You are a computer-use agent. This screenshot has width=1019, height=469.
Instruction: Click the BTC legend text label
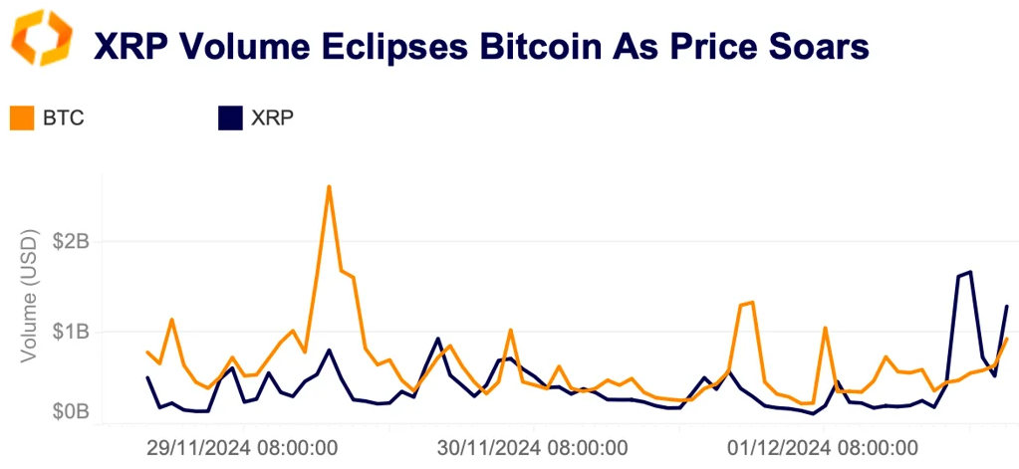pyautogui.click(x=64, y=118)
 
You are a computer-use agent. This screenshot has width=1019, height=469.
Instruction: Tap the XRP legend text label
pyautogui.click(x=271, y=118)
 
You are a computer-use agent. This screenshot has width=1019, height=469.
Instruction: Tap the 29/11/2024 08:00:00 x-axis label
pyautogui.click(x=242, y=447)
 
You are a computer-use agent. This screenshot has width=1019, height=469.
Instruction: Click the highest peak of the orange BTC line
pyautogui.click(x=329, y=186)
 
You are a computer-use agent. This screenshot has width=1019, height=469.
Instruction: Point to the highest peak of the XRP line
pyautogui.click(x=970, y=272)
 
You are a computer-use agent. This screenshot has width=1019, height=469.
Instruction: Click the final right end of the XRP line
pyautogui.click(x=1007, y=306)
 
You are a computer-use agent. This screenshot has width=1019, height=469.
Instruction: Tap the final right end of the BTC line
pyautogui.click(x=1007, y=340)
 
